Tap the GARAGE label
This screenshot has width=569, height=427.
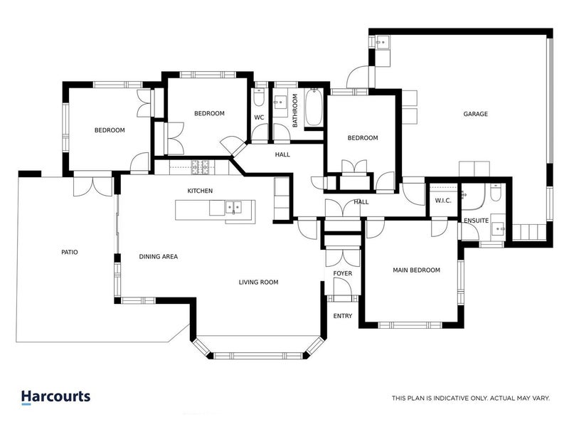click(x=475, y=114)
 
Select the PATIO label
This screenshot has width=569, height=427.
click(x=69, y=252)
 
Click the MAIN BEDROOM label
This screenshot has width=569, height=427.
click(x=417, y=270)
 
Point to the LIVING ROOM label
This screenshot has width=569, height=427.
click(x=258, y=283)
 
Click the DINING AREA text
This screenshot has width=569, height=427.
click(x=158, y=256)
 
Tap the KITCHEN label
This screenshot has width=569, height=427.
click(x=200, y=191)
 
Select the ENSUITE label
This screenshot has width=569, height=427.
click(x=476, y=221)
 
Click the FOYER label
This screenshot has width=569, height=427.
click(x=343, y=273)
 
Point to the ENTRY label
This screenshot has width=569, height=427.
click(x=343, y=316)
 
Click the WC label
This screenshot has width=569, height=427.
click(x=259, y=117)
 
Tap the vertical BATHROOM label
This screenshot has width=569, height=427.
click(x=295, y=112)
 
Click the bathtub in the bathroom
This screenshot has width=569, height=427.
click(x=314, y=108)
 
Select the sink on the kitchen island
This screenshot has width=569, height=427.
click(x=233, y=208)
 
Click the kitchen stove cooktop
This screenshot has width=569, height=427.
click(x=201, y=168)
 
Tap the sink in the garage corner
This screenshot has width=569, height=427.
click(x=381, y=42)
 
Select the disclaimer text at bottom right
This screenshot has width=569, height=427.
click(x=470, y=399)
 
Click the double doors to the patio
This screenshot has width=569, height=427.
click(x=94, y=185)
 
